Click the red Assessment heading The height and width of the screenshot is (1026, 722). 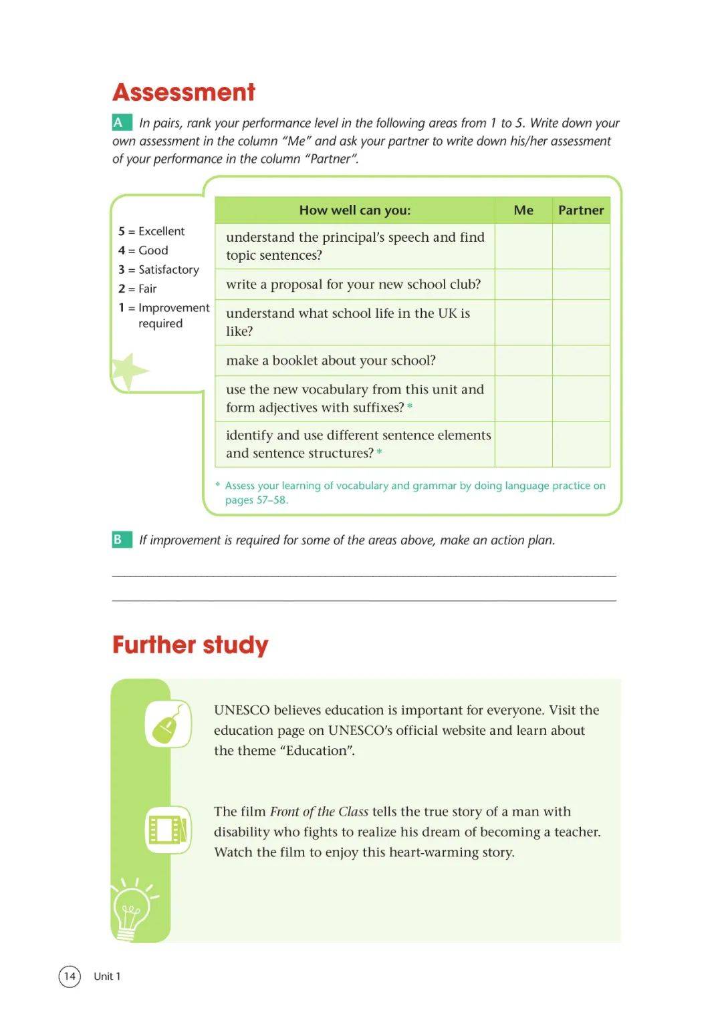point(184,92)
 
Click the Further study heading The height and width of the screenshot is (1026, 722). point(190,645)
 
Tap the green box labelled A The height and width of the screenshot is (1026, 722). point(120,123)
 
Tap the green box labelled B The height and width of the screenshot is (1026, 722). point(120,540)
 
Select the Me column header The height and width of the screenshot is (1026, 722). point(523,210)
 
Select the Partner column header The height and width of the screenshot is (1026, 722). point(581,210)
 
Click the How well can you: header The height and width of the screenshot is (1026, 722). point(355,210)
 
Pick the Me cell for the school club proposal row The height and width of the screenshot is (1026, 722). point(523,285)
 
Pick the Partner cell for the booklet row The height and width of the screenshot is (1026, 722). point(581,361)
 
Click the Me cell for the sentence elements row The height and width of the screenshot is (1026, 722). point(523,444)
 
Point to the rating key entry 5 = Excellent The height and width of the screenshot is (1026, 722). point(152,231)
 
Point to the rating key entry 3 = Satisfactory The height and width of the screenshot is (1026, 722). point(159,270)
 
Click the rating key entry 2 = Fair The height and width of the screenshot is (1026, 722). point(138,289)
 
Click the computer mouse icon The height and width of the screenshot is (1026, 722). point(167,724)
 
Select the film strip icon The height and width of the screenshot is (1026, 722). point(168,830)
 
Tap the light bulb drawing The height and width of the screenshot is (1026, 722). point(131,910)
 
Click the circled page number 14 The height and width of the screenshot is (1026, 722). point(70,977)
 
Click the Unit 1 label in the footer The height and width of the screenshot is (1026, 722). point(107,977)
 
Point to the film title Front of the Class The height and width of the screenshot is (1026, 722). point(319,812)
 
